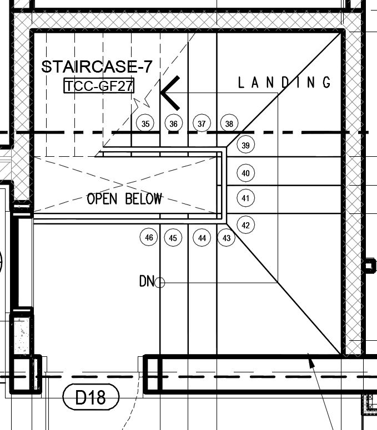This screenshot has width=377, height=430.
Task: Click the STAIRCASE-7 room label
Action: tap(97, 67)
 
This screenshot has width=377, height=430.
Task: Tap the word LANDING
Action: tap(284, 83)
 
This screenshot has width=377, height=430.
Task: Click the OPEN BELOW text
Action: tap(124, 199)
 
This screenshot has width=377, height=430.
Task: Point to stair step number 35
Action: tap(145, 124)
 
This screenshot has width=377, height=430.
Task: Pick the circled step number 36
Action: tap(173, 124)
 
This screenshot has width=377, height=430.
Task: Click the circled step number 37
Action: tap(202, 124)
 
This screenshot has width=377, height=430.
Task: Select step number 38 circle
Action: tap(229, 124)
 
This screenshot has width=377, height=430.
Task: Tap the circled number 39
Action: tap(246, 146)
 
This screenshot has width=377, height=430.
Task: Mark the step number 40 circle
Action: tap(246, 173)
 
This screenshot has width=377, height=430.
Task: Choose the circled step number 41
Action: tap(246, 198)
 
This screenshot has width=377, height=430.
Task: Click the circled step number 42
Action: tap(246, 225)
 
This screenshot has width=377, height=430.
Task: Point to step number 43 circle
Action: tap(227, 238)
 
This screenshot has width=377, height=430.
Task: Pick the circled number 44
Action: tap(202, 238)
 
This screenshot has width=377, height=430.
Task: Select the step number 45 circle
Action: tap(173, 238)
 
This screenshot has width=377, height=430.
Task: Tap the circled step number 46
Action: tap(149, 238)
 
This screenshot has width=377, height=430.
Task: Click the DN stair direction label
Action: tap(146, 282)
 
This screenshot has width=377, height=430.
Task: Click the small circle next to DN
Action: tap(160, 283)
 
